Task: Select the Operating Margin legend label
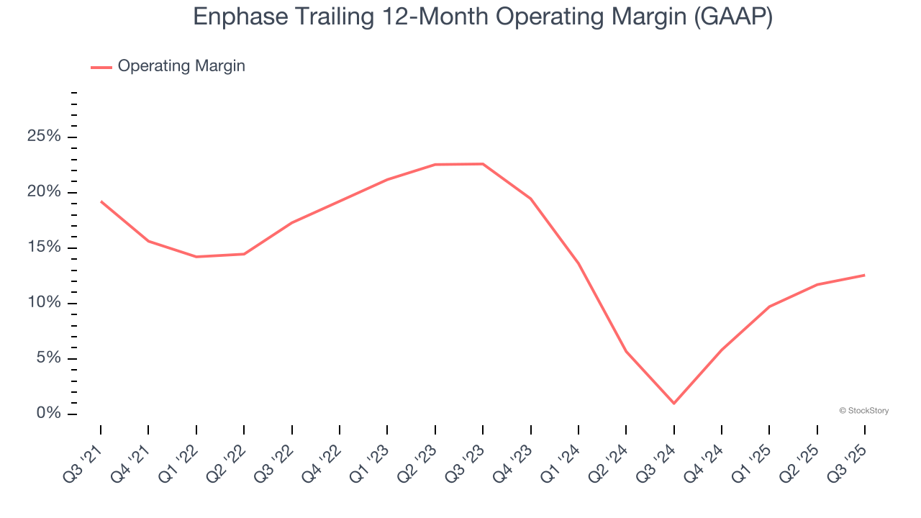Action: pyautogui.click(x=181, y=66)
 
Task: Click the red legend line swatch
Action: pyautogui.click(x=101, y=67)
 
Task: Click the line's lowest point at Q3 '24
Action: pyautogui.click(x=673, y=403)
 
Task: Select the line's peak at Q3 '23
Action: pyautogui.click(x=483, y=164)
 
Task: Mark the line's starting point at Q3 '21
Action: pyautogui.click(x=101, y=201)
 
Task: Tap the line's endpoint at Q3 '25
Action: pyautogui.click(x=864, y=275)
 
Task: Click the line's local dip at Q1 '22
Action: pyautogui.click(x=196, y=257)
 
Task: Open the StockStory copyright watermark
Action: pyautogui.click(x=863, y=411)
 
